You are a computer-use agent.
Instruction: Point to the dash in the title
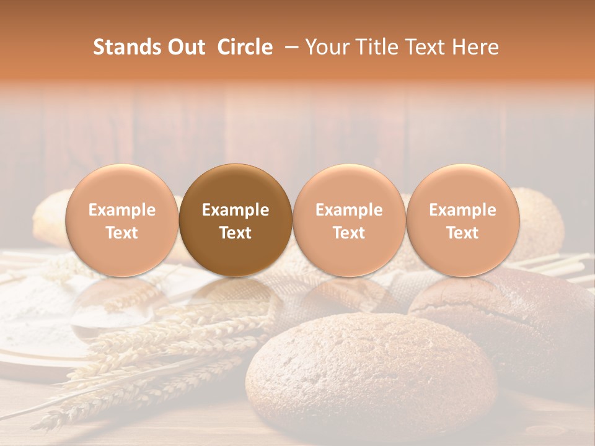289,48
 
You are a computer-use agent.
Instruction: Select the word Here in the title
476,47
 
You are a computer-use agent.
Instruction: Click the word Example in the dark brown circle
236,210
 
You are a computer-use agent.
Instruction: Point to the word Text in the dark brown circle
236,233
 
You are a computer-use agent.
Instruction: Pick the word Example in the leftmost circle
121,210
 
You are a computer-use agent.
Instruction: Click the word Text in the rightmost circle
462,233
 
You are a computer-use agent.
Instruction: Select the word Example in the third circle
349,210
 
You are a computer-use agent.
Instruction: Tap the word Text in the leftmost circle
121,233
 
